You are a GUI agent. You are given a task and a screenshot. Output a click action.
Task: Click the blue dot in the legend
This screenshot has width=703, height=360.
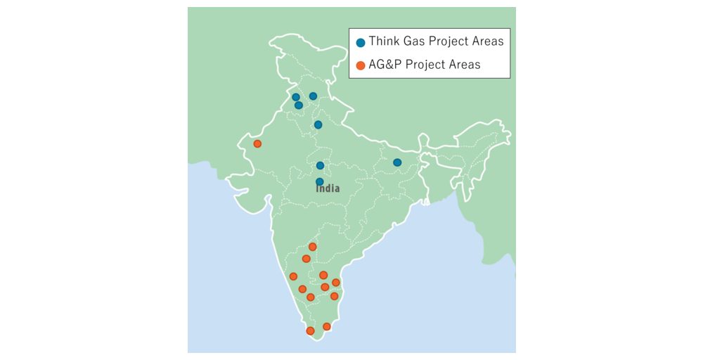pyautogui.click(x=361, y=42)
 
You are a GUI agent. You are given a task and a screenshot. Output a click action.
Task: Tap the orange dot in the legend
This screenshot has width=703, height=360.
pyautogui.click(x=361, y=65)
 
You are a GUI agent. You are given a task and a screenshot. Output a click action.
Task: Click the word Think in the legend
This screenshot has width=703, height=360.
pyautogui.click(x=385, y=41)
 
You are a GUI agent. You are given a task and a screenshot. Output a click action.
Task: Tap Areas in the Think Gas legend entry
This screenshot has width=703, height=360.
pyautogui.click(x=488, y=41)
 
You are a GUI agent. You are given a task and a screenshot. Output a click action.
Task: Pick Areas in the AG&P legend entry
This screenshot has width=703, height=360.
pyautogui.click(x=465, y=65)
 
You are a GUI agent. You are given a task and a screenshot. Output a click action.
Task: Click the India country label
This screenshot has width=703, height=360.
pyautogui.click(x=328, y=188)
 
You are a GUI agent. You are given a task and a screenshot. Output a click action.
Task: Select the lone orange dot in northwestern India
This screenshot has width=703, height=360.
pyautogui.click(x=257, y=143)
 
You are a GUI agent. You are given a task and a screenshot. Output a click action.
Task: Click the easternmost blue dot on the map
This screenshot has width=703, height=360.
pyautogui.click(x=396, y=162)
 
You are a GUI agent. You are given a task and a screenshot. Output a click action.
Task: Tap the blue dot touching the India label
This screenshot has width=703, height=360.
pyautogui.click(x=320, y=181)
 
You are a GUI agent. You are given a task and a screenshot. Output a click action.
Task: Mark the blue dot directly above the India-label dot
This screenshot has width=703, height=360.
pyautogui.click(x=320, y=165)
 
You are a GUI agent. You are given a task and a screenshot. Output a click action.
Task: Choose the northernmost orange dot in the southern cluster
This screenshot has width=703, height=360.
pyautogui.click(x=313, y=247)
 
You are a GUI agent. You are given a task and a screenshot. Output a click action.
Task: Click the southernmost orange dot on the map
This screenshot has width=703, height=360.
pyautogui.click(x=310, y=330)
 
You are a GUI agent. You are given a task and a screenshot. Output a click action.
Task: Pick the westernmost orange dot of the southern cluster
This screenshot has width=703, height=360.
pyautogui.click(x=293, y=276)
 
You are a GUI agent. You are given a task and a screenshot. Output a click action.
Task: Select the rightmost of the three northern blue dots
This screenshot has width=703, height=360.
pyautogui.click(x=313, y=96)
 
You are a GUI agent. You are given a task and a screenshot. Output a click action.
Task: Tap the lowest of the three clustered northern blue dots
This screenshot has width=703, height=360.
pyautogui.click(x=299, y=105)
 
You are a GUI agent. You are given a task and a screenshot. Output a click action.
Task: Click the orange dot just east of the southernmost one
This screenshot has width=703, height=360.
pyautogui.click(x=326, y=326)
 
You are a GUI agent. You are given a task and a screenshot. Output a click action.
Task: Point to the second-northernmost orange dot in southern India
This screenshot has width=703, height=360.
pyautogui.click(x=306, y=259)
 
